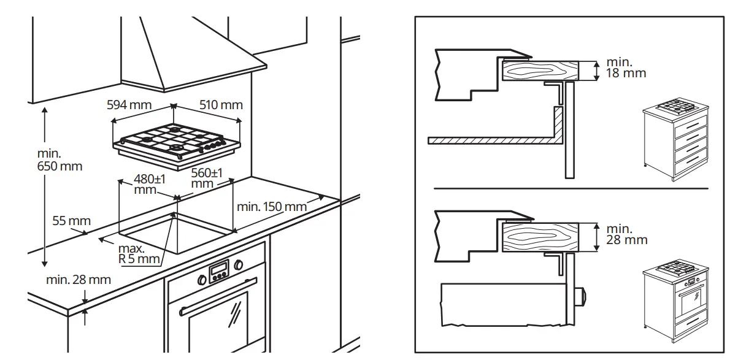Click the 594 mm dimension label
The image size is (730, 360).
tap(129, 105)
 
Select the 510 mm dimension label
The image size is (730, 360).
tap(221, 105)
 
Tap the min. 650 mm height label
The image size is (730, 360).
tap(59, 159)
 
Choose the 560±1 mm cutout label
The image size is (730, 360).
tap(207, 178)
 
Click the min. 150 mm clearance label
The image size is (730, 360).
tap(271, 207)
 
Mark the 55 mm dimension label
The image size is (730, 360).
tap(71, 221)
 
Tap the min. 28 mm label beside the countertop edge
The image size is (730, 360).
tap(79, 280)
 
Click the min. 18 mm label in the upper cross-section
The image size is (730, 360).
tap(626, 67)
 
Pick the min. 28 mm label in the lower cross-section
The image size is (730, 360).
tap(626, 234)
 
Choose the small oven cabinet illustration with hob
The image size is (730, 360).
tap(675, 304)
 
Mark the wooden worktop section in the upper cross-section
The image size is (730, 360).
tap(540, 71)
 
